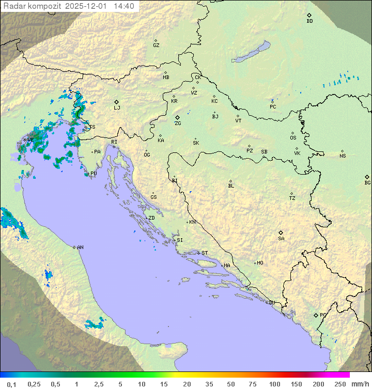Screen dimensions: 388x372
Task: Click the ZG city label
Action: coord(178,123)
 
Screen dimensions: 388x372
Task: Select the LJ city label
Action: coord(117,108)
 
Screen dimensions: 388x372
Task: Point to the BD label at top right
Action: coord(309,21)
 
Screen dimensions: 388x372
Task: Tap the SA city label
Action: coord(281,239)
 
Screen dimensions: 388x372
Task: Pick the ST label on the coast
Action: coord(205,253)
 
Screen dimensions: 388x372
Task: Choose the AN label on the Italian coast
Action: coord(80,247)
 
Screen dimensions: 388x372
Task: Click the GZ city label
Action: coord(156,45)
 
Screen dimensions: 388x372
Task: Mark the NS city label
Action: coord(343,156)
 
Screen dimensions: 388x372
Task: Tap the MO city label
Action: coord(260,263)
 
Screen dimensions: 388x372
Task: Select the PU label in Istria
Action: coord(94,174)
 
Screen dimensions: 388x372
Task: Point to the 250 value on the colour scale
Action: coord(339,384)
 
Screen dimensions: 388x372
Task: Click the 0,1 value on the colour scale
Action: coord(11,384)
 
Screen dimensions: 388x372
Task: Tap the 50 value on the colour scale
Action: coord(230,384)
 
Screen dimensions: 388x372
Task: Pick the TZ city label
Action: coord(292,198)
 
